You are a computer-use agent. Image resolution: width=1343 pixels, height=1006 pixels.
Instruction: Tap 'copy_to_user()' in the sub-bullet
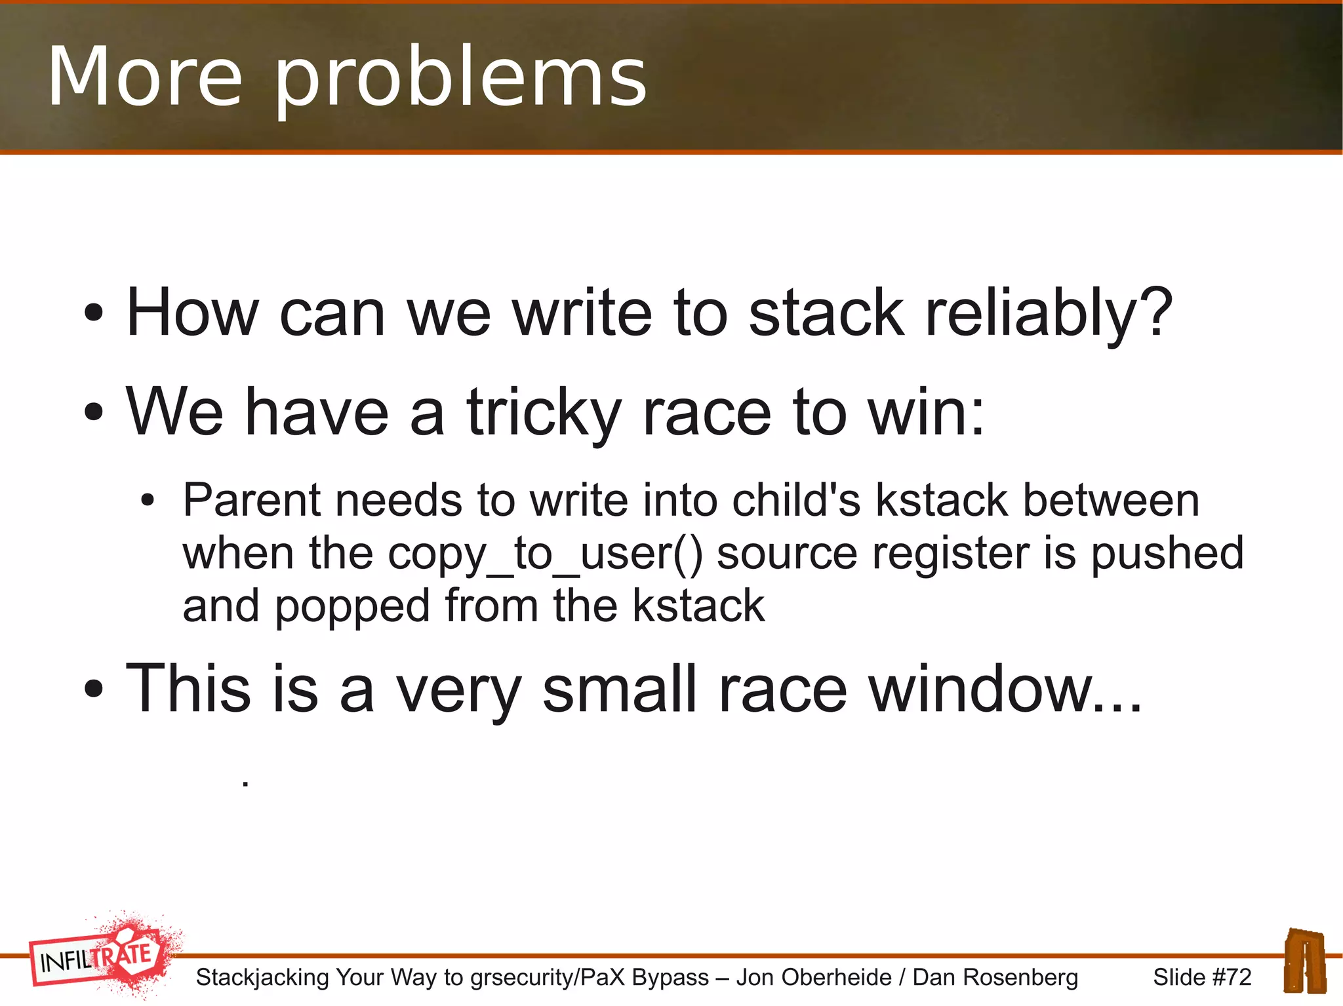(545, 554)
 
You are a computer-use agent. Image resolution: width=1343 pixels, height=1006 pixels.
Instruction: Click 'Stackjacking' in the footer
(262, 977)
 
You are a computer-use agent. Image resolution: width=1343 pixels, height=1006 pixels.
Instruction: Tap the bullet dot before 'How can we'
(94, 313)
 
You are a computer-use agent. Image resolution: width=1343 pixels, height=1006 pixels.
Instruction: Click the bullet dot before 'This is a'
(94, 689)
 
